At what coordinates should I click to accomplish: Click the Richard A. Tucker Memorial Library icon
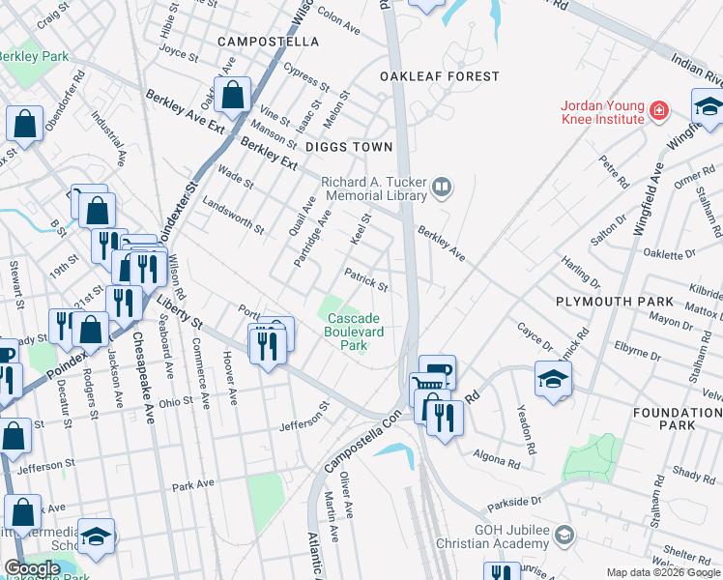click(442, 188)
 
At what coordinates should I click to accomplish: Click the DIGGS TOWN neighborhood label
click(349, 147)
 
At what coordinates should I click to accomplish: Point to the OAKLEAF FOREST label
click(440, 76)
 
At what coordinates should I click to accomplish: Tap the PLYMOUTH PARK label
click(607, 302)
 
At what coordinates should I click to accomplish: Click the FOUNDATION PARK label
click(690, 419)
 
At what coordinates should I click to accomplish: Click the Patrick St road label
click(366, 281)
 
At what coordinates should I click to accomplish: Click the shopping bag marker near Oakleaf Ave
click(232, 95)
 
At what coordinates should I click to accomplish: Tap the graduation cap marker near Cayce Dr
click(552, 379)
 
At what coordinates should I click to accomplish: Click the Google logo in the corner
click(31, 568)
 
